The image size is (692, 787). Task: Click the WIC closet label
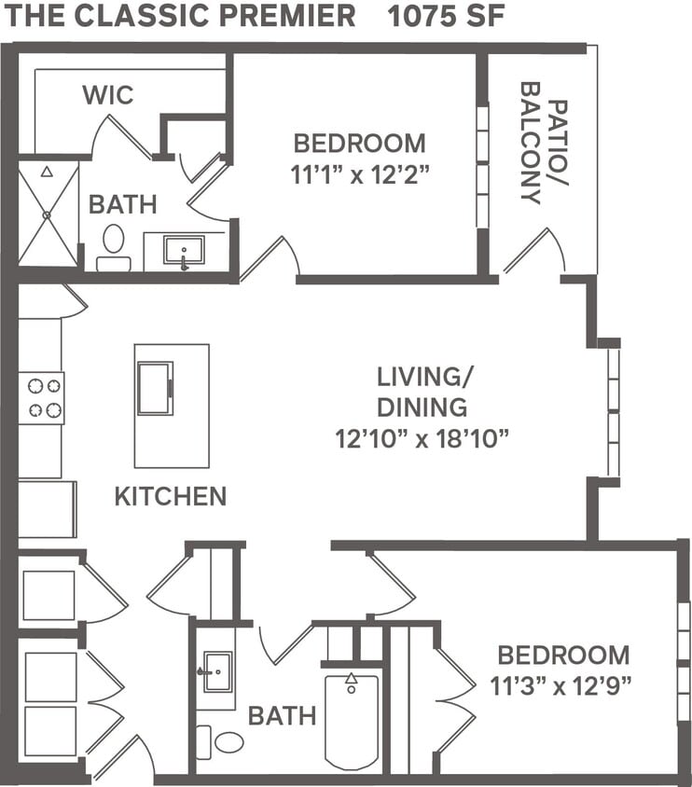point(108,95)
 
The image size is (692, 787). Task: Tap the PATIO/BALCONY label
point(544,143)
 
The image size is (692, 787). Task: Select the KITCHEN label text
point(170,496)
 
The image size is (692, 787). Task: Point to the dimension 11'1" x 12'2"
point(359,173)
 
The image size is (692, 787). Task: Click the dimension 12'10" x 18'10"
point(422,438)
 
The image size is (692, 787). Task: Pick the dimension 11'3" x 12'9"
point(561,685)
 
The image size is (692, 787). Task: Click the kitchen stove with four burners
point(41,398)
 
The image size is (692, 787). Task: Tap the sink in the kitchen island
point(155,388)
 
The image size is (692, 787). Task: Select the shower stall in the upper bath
point(48,214)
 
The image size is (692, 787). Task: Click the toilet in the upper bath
point(114,245)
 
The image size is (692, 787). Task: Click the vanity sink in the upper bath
point(184,250)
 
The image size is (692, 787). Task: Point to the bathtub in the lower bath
point(352,719)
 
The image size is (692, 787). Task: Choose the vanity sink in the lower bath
point(216,671)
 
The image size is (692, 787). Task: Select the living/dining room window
point(613,410)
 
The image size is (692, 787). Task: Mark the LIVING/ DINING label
point(422,392)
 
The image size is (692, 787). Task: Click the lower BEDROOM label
point(562,655)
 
